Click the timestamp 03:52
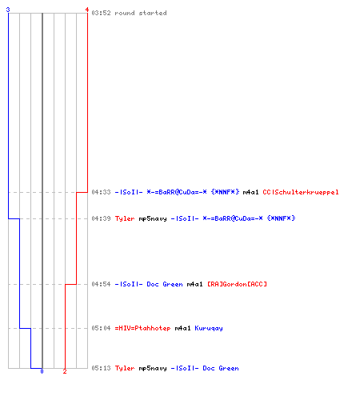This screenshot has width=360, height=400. click(101, 13)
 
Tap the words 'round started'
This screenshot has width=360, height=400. click(141, 13)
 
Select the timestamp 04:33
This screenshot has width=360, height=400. click(101, 192)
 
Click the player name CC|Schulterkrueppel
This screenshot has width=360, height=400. click(301, 192)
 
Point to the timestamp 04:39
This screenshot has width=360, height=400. click(101, 218)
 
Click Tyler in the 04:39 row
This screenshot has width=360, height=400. click(125, 218)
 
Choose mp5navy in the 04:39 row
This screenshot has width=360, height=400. click(153, 219)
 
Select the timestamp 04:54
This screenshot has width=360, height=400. click(101, 284)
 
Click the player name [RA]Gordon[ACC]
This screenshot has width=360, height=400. click(237, 284)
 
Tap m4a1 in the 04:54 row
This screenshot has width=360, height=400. click(194, 284)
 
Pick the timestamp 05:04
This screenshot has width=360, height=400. click(101, 328)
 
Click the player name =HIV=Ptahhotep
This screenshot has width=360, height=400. click(142, 328)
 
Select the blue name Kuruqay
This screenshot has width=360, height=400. click(209, 328)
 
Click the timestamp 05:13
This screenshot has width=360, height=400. click(101, 368)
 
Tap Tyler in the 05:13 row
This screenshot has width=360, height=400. click(125, 368)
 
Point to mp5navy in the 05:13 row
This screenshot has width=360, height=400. click(153, 369)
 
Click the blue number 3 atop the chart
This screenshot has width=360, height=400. click(8, 10)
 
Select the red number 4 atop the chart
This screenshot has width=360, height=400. click(87, 10)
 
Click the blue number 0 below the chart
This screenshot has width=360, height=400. click(42, 371)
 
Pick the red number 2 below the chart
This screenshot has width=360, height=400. click(65, 371)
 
